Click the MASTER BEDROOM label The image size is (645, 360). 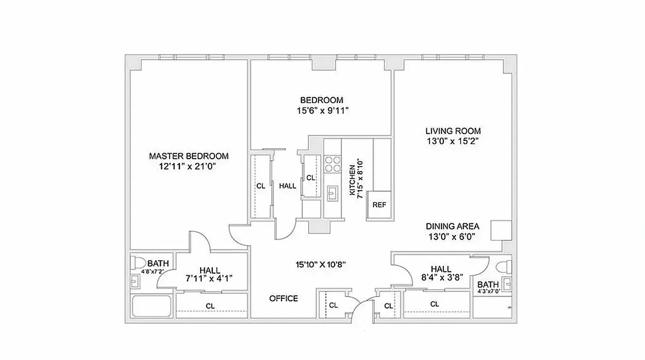click(x=188, y=156)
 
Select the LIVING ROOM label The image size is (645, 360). click(x=453, y=131)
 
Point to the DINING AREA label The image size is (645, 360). click(x=452, y=226)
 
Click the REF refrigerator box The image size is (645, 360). click(x=379, y=205)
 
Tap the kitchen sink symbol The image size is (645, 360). click(x=332, y=193)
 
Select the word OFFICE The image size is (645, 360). click(x=283, y=298)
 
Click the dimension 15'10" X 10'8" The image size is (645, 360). click(x=320, y=265)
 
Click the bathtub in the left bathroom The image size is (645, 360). click(x=151, y=306)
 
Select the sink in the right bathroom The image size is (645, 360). click(x=507, y=283)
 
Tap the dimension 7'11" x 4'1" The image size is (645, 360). click(x=210, y=278)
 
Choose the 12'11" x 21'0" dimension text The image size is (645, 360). click(x=188, y=166)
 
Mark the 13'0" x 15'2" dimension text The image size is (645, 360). click(x=453, y=141)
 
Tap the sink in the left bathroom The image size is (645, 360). click(x=135, y=282)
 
